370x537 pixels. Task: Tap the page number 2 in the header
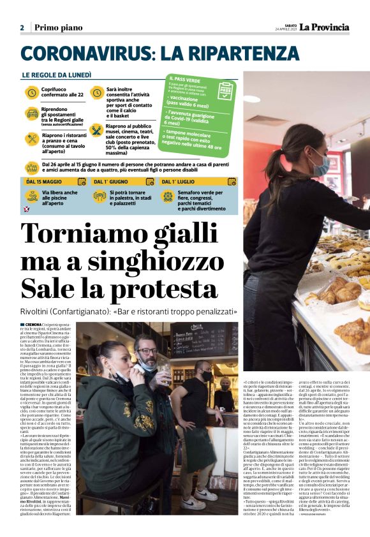(x=22, y=27)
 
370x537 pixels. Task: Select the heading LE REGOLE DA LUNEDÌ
(x=57, y=75)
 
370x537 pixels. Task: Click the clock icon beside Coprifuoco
(x=31, y=93)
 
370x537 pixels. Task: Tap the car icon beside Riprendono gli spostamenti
(x=31, y=115)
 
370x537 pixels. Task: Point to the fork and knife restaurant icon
(x=31, y=138)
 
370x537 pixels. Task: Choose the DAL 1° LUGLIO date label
(x=177, y=182)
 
